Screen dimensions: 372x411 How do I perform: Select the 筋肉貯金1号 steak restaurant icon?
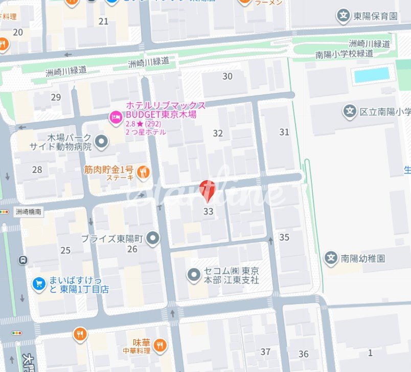tap(144, 173)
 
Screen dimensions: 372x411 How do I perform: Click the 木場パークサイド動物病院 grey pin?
tap(102, 141)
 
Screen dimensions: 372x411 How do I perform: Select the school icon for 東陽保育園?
tap(344, 16)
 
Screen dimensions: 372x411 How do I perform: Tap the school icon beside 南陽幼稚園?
tap(332, 258)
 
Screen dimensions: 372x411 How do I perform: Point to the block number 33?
tap(208, 211)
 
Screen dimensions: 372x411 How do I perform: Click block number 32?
tap(218, 133)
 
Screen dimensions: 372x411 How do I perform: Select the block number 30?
tap(227, 77)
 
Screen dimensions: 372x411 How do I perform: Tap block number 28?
tap(37, 169)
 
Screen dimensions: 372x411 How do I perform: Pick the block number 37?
tap(265, 352)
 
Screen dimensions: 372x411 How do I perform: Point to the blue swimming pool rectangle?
tap(372, 75)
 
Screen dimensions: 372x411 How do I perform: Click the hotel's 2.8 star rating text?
tap(135, 124)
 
